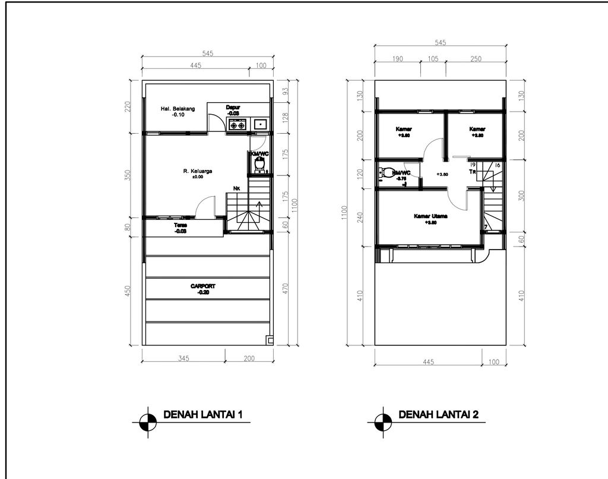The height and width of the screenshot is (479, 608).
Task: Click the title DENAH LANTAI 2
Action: click(438, 414)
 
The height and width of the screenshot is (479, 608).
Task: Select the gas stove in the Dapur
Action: click(237, 125)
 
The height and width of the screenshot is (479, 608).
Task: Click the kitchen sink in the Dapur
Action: click(260, 125)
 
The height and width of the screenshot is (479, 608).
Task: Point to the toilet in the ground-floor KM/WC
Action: click(258, 168)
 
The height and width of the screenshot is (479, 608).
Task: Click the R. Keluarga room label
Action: click(198, 171)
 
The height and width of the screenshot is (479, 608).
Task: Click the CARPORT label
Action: click(203, 286)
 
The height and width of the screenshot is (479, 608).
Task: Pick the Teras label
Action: click(180, 226)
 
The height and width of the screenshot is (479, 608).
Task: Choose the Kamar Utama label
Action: click(430, 217)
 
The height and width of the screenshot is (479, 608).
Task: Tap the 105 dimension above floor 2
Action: click(433, 59)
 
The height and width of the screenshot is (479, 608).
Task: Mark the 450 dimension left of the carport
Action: click(128, 293)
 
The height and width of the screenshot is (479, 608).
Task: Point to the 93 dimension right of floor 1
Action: click(285, 91)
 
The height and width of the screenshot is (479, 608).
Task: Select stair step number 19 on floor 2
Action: click(473, 165)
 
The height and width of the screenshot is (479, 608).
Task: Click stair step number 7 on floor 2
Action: click(486, 226)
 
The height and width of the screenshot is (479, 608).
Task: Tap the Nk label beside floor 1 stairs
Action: click(236, 189)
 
